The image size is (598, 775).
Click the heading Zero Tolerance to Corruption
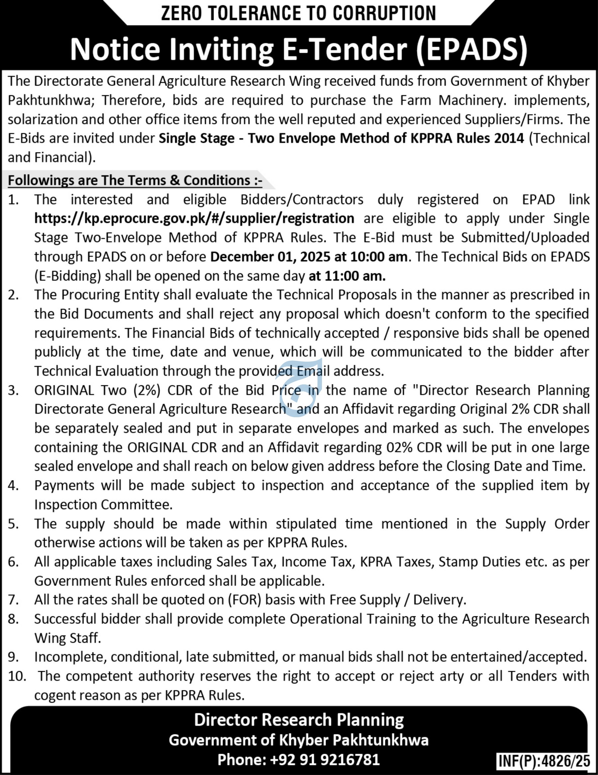[x=298, y=14]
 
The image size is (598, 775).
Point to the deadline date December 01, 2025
[x=270, y=257]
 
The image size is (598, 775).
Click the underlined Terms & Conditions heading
[x=135, y=180]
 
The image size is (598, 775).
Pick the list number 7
[x=13, y=600]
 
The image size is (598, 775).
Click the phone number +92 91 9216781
[x=325, y=759]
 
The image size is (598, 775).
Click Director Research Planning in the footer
[x=299, y=720]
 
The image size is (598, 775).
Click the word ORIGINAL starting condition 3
[x=64, y=390]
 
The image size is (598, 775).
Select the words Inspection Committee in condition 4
[x=103, y=504]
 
